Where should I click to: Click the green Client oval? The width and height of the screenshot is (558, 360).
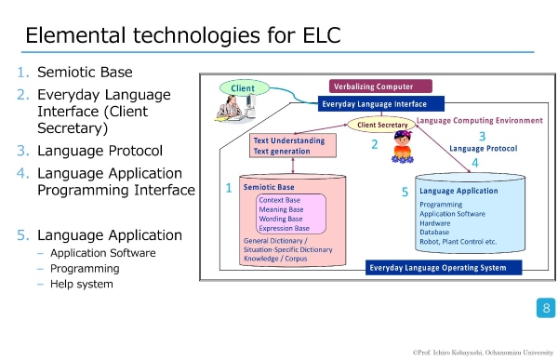[245, 88]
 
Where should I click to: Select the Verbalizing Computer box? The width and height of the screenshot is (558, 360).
[380, 87]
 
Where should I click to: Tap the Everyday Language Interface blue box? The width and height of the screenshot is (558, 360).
[380, 104]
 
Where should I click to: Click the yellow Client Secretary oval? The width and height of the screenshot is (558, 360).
[382, 125]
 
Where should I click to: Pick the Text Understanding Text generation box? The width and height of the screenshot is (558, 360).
[293, 146]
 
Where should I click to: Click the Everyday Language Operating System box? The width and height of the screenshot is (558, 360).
[444, 268]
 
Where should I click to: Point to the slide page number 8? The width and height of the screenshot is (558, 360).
[546, 308]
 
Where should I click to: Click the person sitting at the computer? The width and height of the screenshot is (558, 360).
[235, 109]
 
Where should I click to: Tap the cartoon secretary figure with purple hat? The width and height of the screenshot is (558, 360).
[403, 147]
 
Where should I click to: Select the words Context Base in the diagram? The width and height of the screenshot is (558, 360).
[279, 200]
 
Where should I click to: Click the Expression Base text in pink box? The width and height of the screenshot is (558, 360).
[284, 228]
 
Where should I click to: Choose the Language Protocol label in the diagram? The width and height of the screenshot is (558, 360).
[484, 149]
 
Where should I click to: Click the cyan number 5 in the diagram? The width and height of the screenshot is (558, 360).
[405, 193]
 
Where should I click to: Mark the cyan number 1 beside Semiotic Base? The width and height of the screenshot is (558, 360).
[229, 188]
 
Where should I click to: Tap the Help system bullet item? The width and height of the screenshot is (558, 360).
[82, 284]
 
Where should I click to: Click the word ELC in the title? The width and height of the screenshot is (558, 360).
[322, 35]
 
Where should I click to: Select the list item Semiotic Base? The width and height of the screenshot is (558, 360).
[85, 73]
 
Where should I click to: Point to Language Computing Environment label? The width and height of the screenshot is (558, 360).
[480, 121]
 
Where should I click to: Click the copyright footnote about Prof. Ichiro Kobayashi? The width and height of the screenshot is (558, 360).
[483, 353]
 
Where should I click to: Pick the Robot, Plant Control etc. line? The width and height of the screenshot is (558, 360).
[458, 242]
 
